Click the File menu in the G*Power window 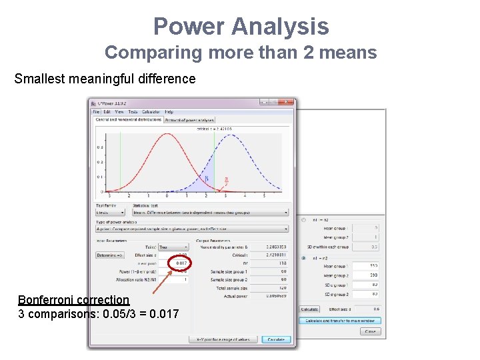[x=96, y=112]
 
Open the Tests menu [x=133, y=112]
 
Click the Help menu [x=169, y=112]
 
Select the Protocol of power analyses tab [x=189, y=120]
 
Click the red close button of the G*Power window [x=287, y=103]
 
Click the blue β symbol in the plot [x=207, y=178]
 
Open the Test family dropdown [x=110, y=213]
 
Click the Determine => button [x=111, y=255]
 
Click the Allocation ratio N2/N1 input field [x=174, y=280]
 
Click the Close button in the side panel [x=370, y=331]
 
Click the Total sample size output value [x=273, y=288]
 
